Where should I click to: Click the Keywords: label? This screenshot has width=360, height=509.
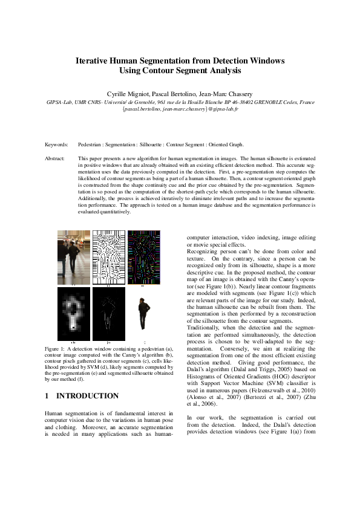click(x=57, y=145)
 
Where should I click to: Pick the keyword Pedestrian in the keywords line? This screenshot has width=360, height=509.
click(x=92, y=145)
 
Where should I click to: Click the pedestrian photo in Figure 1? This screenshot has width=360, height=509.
click(x=73, y=256)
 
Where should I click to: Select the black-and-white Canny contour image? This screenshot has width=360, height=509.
click(x=108, y=256)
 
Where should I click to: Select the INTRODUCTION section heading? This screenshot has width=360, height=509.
click(x=87, y=396)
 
